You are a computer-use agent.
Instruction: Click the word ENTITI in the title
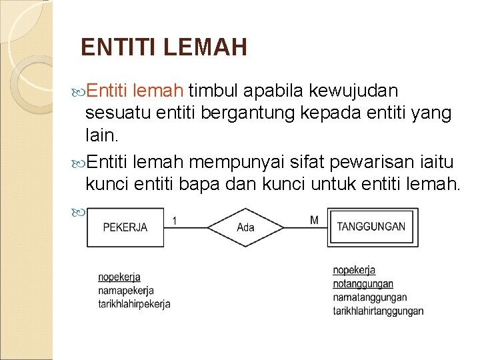(x=117, y=47)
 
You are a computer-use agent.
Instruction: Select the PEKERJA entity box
(x=125, y=227)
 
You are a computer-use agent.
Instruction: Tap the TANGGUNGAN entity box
(x=371, y=227)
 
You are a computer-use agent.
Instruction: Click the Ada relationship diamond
(x=245, y=227)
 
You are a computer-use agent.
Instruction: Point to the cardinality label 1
(x=174, y=219)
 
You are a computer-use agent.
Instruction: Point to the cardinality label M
(x=314, y=219)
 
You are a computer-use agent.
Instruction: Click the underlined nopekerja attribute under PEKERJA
(x=119, y=277)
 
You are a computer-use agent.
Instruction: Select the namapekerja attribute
(x=126, y=291)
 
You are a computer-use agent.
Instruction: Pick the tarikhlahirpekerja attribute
(x=134, y=304)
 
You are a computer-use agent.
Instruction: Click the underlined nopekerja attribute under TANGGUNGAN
(x=354, y=270)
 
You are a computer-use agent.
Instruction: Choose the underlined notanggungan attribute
(x=363, y=284)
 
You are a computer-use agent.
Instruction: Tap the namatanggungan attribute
(x=369, y=297)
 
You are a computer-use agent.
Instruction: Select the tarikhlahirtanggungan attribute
(x=378, y=311)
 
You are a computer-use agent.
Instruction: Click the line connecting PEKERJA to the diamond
(x=185, y=227)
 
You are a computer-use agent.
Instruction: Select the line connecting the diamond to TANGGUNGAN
(x=305, y=227)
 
